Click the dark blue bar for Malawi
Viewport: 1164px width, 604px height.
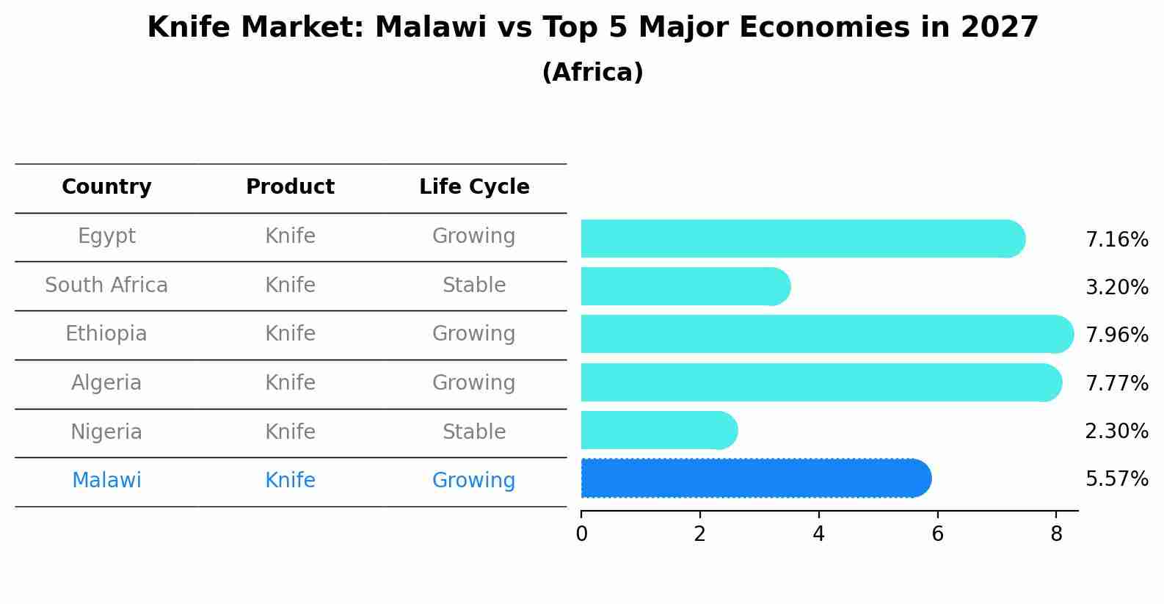pyautogui.click(x=756, y=479)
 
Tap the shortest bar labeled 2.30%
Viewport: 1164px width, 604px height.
pyautogui.click(x=658, y=430)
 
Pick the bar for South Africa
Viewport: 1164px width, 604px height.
pyautogui.click(x=685, y=286)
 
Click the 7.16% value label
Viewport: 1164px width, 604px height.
pyautogui.click(x=1116, y=240)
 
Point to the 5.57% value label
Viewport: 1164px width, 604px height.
pyautogui.click(x=1116, y=479)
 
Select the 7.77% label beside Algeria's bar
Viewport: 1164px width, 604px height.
pyautogui.click(x=1116, y=383)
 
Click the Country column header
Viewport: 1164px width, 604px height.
pyautogui.click(x=106, y=187)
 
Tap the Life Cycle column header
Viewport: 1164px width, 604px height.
pyautogui.click(x=474, y=187)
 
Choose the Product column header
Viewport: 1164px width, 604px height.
pyautogui.click(x=290, y=187)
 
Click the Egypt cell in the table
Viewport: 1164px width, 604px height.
pyautogui.click(x=106, y=236)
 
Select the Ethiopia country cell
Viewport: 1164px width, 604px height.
pyautogui.click(x=106, y=334)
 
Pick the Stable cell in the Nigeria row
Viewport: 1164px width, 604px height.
pyautogui.click(x=474, y=432)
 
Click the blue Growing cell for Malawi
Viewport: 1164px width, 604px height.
pyautogui.click(x=474, y=481)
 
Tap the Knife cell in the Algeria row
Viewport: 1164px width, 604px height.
pyautogui.click(x=290, y=383)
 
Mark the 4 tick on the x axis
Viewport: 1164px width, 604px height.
pyautogui.click(x=818, y=534)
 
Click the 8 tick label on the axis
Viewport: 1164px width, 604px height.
pyautogui.click(x=1056, y=534)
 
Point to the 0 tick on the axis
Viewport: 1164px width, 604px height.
pyautogui.click(x=581, y=534)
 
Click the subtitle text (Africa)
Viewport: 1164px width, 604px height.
pyautogui.click(x=592, y=73)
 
